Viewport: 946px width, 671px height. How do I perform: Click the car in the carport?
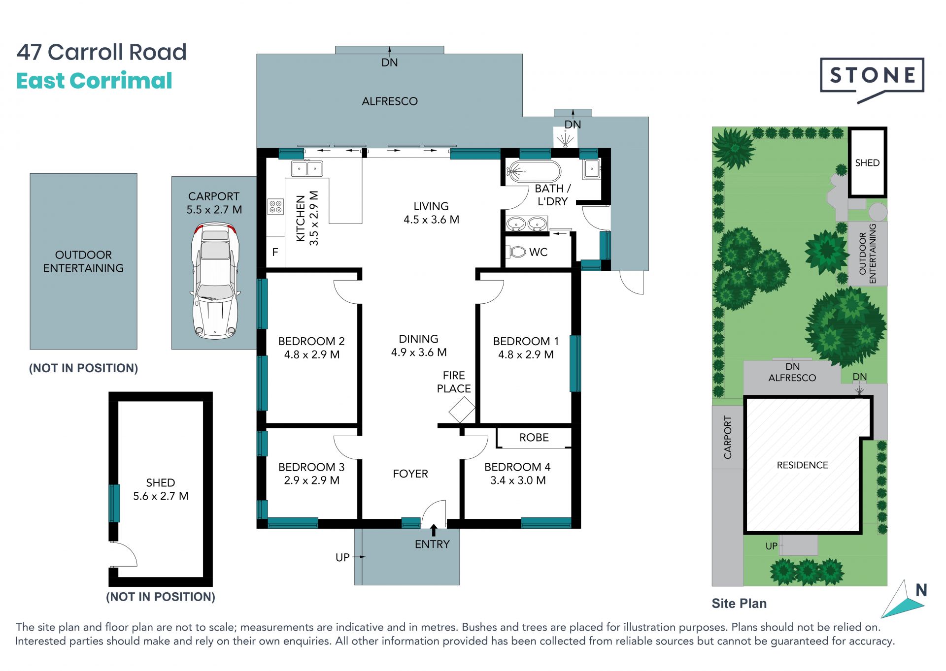pyautogui.click(x=215, y=281)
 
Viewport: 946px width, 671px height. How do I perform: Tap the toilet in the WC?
pyautogui.click(x=516, y=252)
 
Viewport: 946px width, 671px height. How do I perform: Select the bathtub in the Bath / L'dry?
pyautogui.click(x=534, y=172)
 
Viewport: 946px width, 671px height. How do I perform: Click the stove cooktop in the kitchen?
pyautogui.click(x=275, y=206)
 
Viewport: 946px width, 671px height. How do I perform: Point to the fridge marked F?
pyautogui.click(x=275, y=252)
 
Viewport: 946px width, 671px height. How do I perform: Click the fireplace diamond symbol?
pyautogui.click(x=462, y=410)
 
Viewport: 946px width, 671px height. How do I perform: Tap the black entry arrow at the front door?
pyautogui.click(x=434, y=530)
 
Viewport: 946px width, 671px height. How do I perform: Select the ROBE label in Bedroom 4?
pyautogui.click(x=534, y=437)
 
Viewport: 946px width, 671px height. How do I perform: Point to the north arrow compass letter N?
pyautogui.click(x=921, y=590)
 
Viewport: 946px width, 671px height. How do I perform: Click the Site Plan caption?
pyautogui.click(x=739, y=604)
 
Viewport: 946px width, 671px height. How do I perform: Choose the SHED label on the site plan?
pyautogui.click(x=867, y=163)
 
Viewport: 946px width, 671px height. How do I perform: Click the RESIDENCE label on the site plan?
pyautogui.click(x=802, y=465)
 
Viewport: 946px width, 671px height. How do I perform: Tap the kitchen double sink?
pyautogui.click(x=307, y=168)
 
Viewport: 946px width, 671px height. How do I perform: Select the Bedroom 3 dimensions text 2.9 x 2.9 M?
pyautogui.click(x=311, y=480)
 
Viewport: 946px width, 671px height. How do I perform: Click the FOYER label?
pyautogui.click(x=410, y=474)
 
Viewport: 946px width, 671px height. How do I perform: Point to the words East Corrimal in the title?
pyautogui.click(x=94, y=81)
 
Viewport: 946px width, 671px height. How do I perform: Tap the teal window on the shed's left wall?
pyautogui.click(x=114, y=503)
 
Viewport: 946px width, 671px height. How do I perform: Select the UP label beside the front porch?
pyautogui.click(x=342, y=557)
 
